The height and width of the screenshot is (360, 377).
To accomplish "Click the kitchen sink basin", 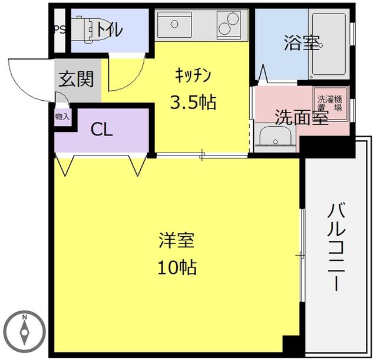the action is coord(174,25).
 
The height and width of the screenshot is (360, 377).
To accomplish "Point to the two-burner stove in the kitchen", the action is coord(229,25).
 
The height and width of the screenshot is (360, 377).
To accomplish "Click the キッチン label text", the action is coord(193,75).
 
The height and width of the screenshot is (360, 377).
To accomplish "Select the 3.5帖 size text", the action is coord(193,103).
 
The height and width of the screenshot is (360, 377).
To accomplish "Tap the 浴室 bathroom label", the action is coord(302,43).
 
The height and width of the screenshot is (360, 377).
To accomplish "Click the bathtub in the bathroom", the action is coord(329,44).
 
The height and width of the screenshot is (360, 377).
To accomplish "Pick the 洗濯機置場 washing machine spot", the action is coord(330,103).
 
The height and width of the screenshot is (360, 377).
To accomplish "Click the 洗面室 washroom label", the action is coord(302,117).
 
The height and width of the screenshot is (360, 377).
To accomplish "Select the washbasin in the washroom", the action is coord(275,137).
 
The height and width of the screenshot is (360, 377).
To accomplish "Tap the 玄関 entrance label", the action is coord(76,79).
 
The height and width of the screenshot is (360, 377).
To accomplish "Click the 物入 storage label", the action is coord(62,117).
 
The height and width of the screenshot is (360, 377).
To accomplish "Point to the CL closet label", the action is coord(101,130).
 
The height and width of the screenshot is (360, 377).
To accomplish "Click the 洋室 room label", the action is coord(177,240).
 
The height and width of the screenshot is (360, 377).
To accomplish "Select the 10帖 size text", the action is coord(177,267).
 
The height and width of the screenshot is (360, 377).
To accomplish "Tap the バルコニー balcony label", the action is coord(337,247).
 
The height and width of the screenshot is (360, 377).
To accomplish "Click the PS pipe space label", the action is coord(59,29).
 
